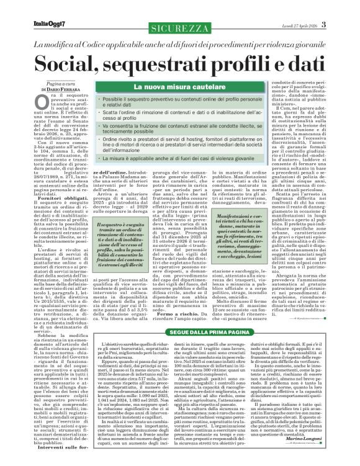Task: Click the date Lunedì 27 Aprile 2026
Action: tap(317, 7)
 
